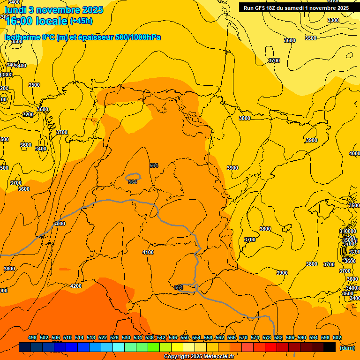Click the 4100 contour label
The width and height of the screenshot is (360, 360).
point(148,253)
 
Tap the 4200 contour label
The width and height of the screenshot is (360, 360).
point(75,286)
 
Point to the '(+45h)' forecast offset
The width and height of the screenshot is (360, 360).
point(81,21)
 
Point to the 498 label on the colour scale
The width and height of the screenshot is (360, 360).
point(32,338)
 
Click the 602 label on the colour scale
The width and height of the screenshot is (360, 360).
point(337,338)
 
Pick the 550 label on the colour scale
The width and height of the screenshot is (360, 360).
point(185,338)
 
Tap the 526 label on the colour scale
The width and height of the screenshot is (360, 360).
point(114,338)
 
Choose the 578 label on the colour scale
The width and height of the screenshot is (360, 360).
point(267,338)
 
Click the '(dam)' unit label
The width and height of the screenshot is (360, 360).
point(347,347)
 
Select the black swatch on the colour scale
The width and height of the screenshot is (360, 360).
point(330,347)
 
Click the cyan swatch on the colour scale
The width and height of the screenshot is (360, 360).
point(119,347)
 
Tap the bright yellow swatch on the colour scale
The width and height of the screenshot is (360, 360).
point(177,347)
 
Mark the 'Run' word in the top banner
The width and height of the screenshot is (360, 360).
point(249,8)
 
